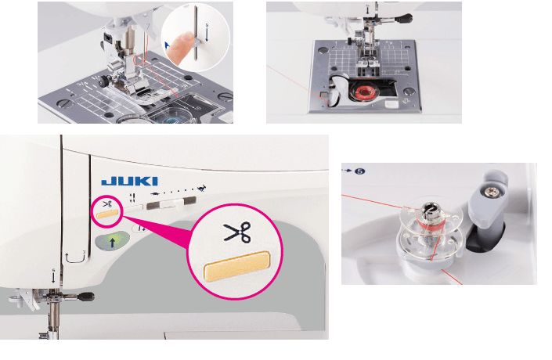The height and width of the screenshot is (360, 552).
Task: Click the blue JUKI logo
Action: tap(129, 181)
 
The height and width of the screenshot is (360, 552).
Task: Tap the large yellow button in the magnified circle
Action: tap(237, 266)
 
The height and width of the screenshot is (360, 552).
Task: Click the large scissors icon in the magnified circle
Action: tap(237, 232)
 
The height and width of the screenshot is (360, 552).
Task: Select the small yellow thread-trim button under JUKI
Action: tap(107, 214)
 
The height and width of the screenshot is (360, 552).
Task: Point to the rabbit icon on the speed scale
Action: tap(202, 189)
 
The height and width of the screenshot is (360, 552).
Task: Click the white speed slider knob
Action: tap(179, 204)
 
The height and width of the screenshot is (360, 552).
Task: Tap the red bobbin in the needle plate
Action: tap(363, 92)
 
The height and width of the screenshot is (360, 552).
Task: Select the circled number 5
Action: tap(360, 171)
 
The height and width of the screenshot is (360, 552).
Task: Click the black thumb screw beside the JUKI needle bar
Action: tap(86, 297)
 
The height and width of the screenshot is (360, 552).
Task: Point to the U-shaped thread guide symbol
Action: tap(76, 257)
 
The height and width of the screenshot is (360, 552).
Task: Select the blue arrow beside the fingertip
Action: tap(168, 45)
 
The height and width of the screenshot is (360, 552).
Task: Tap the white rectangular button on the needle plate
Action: tap(391, 103)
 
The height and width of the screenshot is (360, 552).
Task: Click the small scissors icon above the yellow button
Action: tap(107, 203)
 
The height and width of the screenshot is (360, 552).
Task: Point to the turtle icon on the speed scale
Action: tap(154, 194)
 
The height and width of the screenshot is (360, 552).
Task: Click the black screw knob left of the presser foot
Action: tap(103, 82)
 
